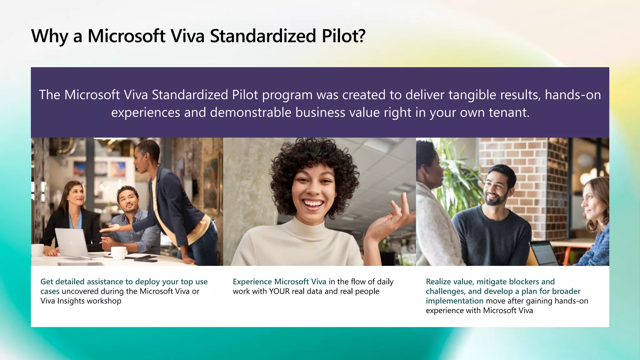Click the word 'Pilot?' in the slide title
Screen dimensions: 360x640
tap(343, 36)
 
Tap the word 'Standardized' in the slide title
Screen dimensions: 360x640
tap(263, 36)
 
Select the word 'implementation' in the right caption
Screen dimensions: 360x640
tap(454, 301)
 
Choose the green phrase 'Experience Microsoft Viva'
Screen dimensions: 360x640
tap(279, 282)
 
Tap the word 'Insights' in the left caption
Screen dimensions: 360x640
tap(71, 301)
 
